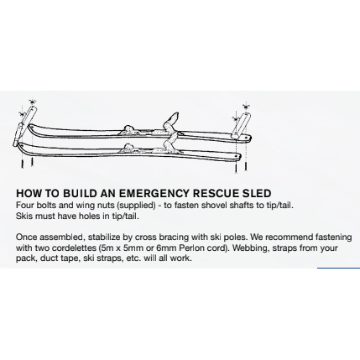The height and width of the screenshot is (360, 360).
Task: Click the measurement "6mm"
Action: pos(165,248)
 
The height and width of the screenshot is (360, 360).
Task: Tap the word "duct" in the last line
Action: pos(49,258)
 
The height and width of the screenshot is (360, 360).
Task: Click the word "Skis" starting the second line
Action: pos(23,217)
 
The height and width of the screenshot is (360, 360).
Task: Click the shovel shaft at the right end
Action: pos(241,125)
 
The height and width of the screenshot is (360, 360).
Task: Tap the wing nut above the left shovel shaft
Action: pos(33,102)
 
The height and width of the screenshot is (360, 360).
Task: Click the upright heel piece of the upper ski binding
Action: pos(171,121)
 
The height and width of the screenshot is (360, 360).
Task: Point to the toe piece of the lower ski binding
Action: pos(128,147)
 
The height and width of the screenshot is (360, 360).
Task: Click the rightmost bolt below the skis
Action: pos(246,166)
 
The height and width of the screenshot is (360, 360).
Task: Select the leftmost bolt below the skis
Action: pos(22,164)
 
